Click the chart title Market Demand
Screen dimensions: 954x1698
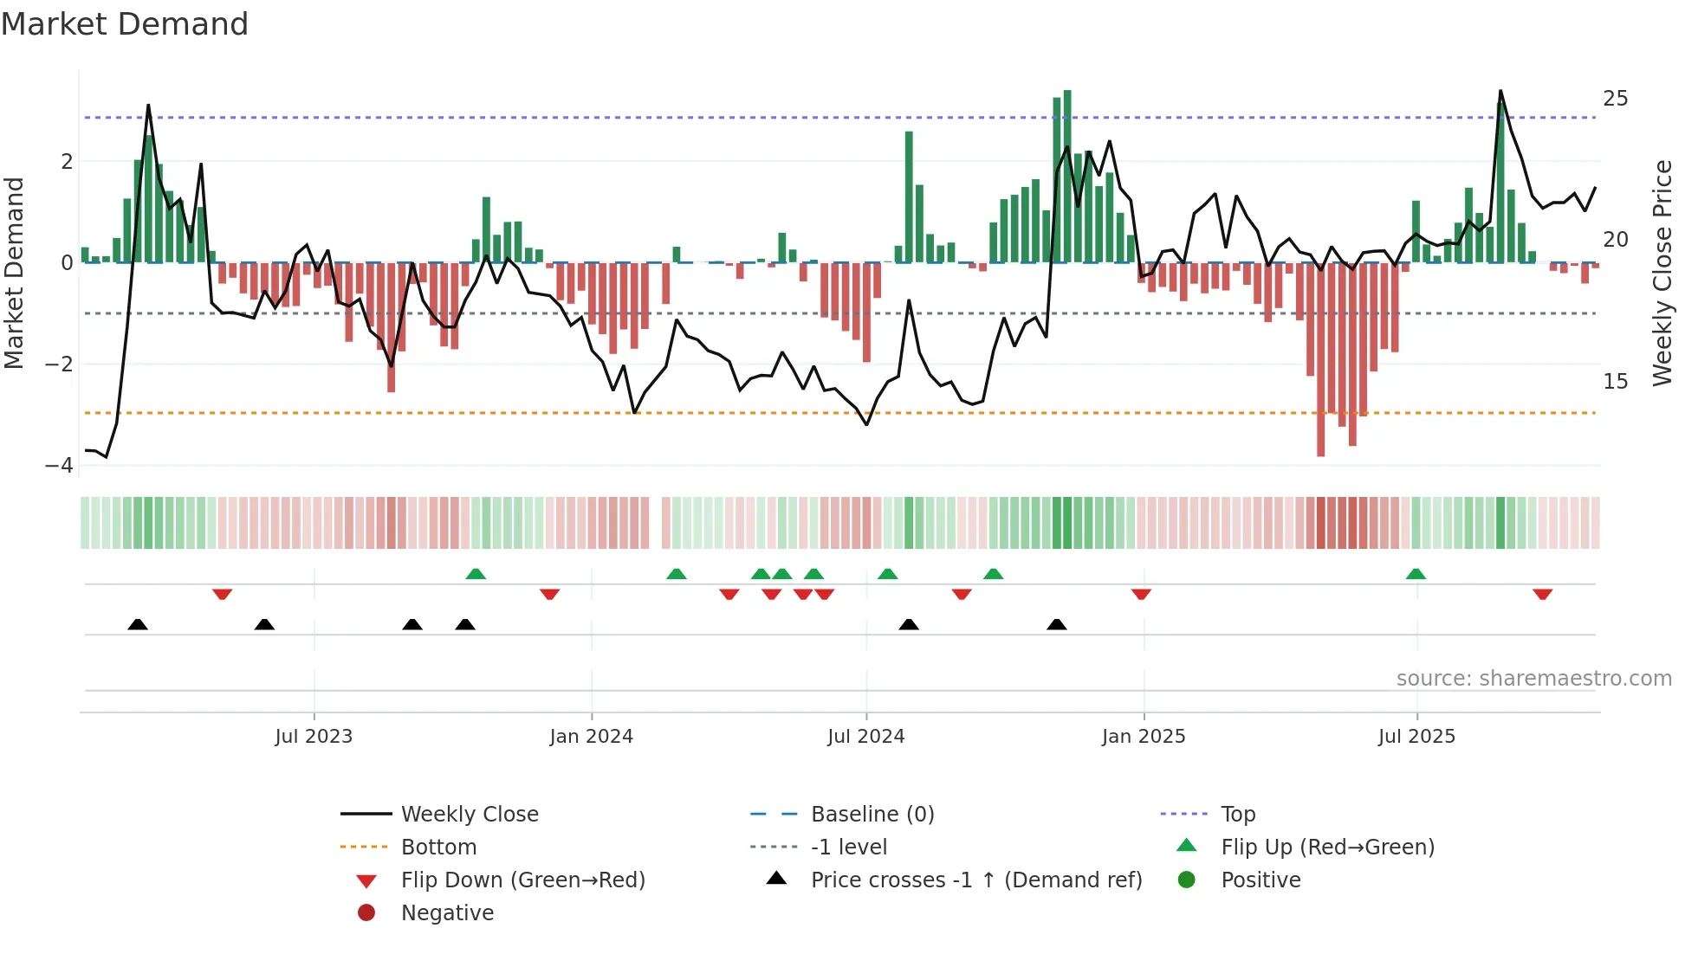[x=125, y=24]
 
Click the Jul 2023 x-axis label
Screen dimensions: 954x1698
[x=314, y=737]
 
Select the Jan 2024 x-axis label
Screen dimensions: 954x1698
[x=591, y=737]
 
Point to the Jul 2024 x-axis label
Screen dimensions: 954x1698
[x=865, y=737]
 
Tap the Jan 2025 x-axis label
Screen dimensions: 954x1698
[x=1144, y=737]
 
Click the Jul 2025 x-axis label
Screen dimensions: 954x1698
[x=1416, y=737]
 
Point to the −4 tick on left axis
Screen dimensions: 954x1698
[x=59, y=466]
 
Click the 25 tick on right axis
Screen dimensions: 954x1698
[x=1615, y=99]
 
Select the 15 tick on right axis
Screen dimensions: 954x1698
[x=1615, y=382]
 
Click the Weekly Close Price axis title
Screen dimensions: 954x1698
[x=1662, y=273]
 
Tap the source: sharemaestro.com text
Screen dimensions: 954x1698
[x=1533, y=679]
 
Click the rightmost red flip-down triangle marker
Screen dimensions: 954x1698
[x=1542, y=594]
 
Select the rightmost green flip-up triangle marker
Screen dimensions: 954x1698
[x=1416, y=574]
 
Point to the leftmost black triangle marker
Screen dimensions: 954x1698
[x=138, y=624]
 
